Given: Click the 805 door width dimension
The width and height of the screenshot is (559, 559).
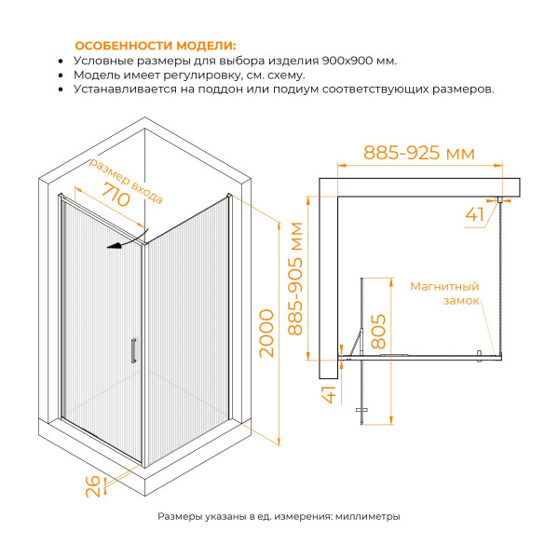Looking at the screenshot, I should pos(378,331).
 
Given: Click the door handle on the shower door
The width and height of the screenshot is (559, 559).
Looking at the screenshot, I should pos(134,350).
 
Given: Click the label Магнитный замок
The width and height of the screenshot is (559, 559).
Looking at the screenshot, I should pos(444,293).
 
